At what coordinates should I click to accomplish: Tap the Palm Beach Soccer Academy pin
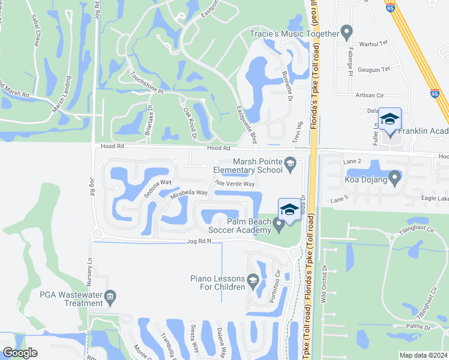tap(279, 225)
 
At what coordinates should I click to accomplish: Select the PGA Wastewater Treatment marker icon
tap(110, 296)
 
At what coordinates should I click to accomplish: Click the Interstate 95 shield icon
tap(435, 94)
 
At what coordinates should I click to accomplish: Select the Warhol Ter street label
tap(371, 44)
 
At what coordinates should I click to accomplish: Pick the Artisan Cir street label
tap(369, 95)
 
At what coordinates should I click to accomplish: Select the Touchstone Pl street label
tap(147, 83)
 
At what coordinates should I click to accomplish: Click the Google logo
tap(20, 353)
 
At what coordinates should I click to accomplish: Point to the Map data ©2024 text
tap(423, 355)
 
